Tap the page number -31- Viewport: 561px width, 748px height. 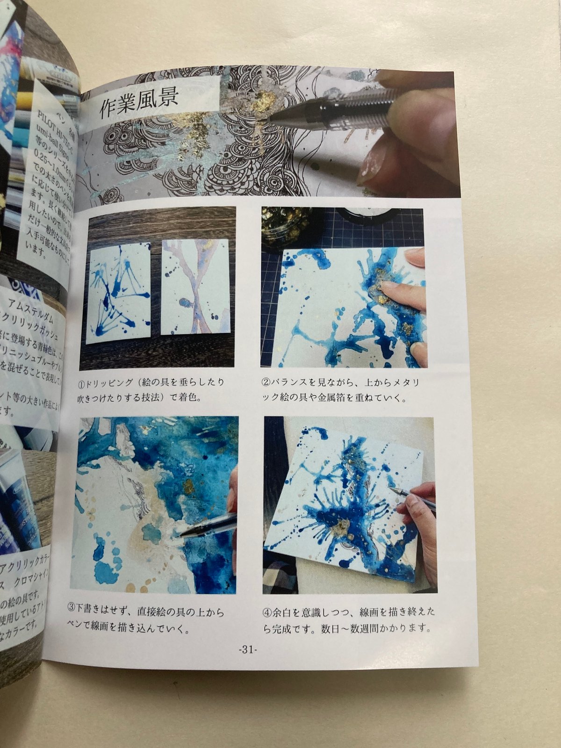(x=247, y=649)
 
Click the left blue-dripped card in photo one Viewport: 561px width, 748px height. (x=119, y=292)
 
